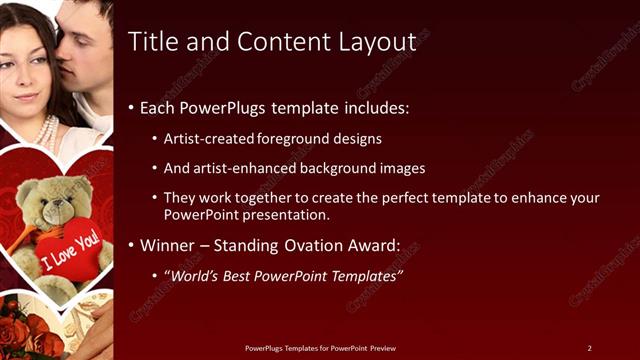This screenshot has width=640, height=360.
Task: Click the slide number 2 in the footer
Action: point(589,348)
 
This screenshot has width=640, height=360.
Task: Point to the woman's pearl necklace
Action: point(46,129)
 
